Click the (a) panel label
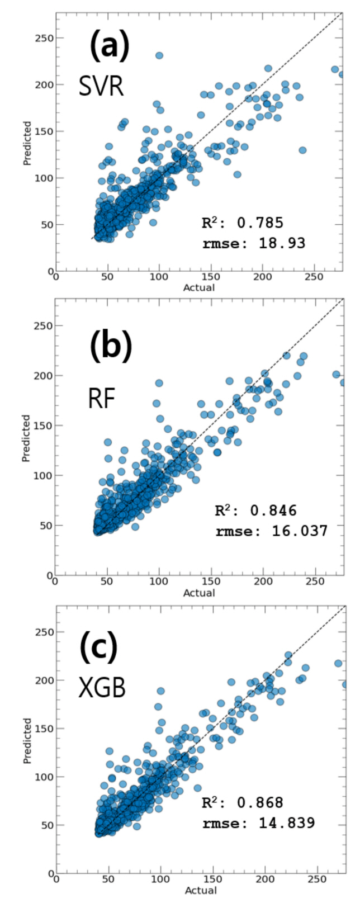109,46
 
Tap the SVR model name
101,87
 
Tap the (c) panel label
98,646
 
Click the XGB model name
102,687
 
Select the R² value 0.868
260,803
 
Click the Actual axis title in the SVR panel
199,288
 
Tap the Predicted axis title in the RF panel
26,438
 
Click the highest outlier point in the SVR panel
159,55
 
